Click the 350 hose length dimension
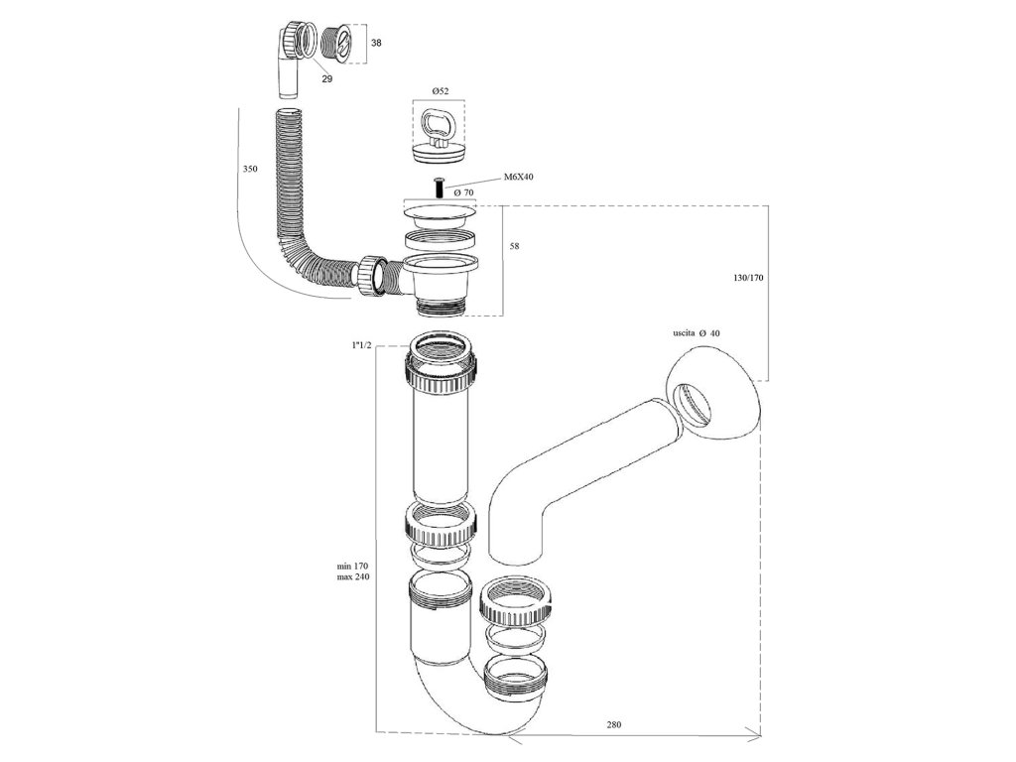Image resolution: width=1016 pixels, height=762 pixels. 250,170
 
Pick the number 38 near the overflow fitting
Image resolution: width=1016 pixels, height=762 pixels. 375,44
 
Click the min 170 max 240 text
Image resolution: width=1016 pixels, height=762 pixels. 353,571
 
